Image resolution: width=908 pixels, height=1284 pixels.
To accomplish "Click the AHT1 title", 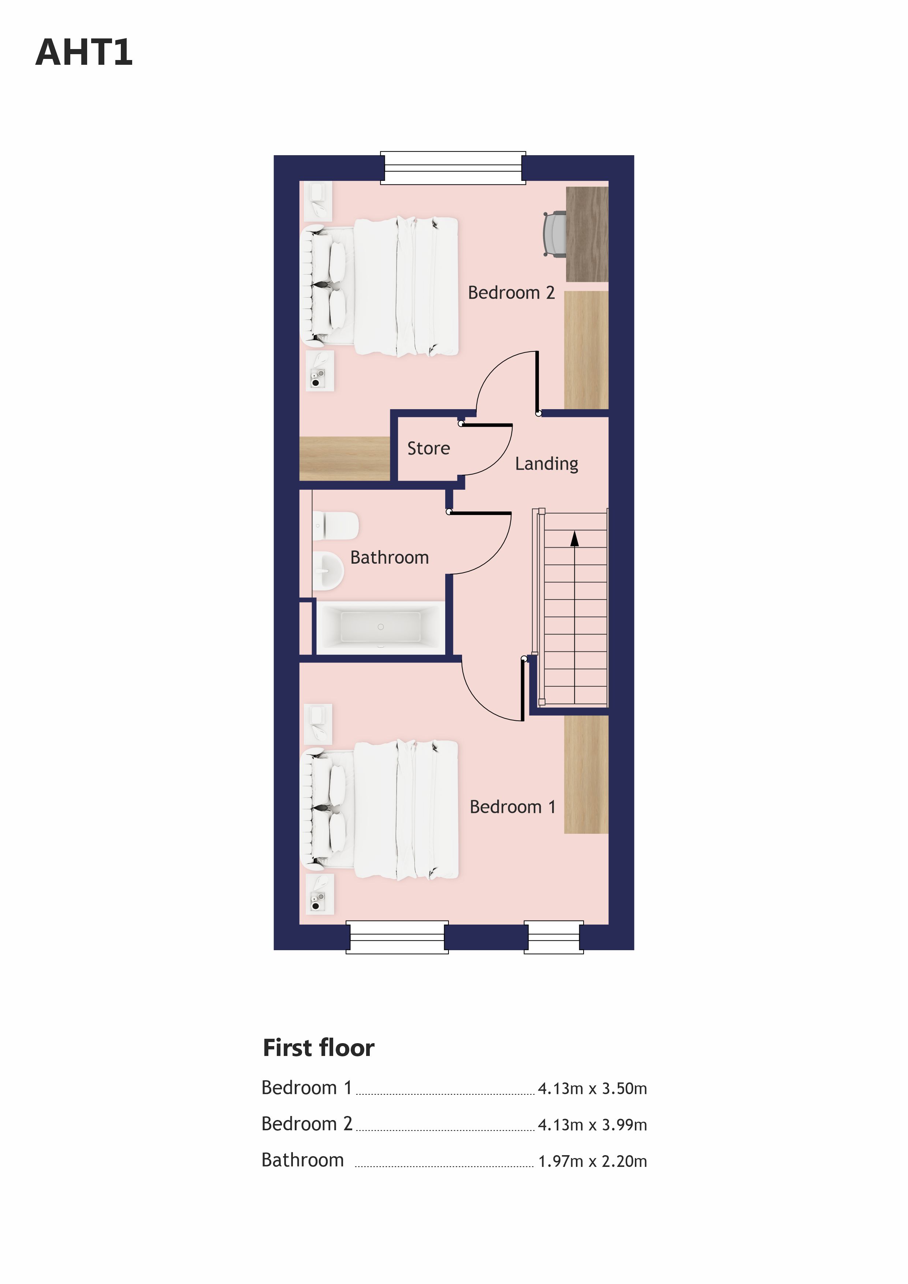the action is click(x=84, y=53).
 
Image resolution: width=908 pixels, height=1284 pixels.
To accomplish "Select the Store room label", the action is click(x=428, y=448).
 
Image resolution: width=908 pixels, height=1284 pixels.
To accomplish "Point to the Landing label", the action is click(x=547, y=464).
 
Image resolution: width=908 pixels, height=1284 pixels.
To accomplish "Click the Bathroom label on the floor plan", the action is click(x=390, y=557).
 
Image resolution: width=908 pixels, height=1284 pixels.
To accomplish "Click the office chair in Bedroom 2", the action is click(x=555, y=234).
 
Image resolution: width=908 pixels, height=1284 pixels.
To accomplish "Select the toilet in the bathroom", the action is click(x=335, y=526).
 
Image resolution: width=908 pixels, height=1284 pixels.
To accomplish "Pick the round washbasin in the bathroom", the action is click(x=327, y=571).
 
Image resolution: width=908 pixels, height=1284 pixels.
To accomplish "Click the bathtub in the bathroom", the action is click(x=380, y=627).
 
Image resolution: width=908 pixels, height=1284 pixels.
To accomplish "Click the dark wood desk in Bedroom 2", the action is click(x=587, y=234).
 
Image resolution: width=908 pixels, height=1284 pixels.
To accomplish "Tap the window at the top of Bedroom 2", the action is click(x=453, y=168).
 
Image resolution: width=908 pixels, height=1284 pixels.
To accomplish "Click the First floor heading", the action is click(x=318, y=1048).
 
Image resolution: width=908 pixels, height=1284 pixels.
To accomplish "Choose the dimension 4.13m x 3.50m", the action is click(x=592, y=1088).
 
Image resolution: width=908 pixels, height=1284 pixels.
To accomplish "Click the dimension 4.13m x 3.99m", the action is click(x=592, y=1125).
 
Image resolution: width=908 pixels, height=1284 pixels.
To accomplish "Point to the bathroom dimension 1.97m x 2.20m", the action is click(x=592, y=1161).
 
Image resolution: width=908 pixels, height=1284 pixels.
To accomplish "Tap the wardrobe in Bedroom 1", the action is click(x=586, y=774).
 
